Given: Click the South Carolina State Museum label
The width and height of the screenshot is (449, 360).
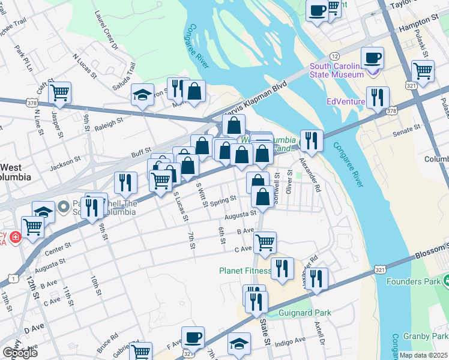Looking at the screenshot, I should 336,70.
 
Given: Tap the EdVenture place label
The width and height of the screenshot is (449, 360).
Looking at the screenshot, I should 346,101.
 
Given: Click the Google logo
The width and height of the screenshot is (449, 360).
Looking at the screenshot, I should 19,353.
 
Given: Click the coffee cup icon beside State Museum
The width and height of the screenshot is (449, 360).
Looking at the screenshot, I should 373,58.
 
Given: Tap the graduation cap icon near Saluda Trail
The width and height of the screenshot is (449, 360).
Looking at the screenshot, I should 142,95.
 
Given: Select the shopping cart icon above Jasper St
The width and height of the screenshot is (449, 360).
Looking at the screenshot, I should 59,92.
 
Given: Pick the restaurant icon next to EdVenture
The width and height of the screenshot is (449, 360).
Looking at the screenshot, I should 378,97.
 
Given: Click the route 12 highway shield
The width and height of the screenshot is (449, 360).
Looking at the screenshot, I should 335,56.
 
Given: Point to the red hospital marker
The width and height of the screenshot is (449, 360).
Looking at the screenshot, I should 14,236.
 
